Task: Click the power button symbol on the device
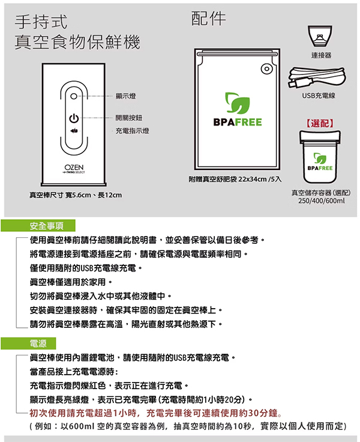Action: (x=74, y=118)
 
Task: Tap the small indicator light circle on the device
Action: (x=74, y=96)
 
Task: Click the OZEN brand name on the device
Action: (x=74, y=167)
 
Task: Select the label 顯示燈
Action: (x=125, y=96)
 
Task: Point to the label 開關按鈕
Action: (x=129, y=118)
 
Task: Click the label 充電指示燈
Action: (x=132, y=131)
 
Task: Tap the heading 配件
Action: (x=209, y=19)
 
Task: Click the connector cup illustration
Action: (x=320, y=36)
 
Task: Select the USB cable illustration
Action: (x=317, y=77)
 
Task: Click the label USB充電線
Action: (x=319, y=95)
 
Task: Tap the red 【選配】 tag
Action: (x=320, y=123)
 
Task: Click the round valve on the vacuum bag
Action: (x=266, y=69)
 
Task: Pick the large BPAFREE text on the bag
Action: (x=238, y=122)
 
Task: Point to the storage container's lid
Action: (x=320, y=137)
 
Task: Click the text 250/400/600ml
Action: (x=322, y=201)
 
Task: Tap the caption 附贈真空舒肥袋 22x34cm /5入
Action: (x=235, y=180)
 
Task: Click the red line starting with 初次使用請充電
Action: (x=155, y=413)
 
